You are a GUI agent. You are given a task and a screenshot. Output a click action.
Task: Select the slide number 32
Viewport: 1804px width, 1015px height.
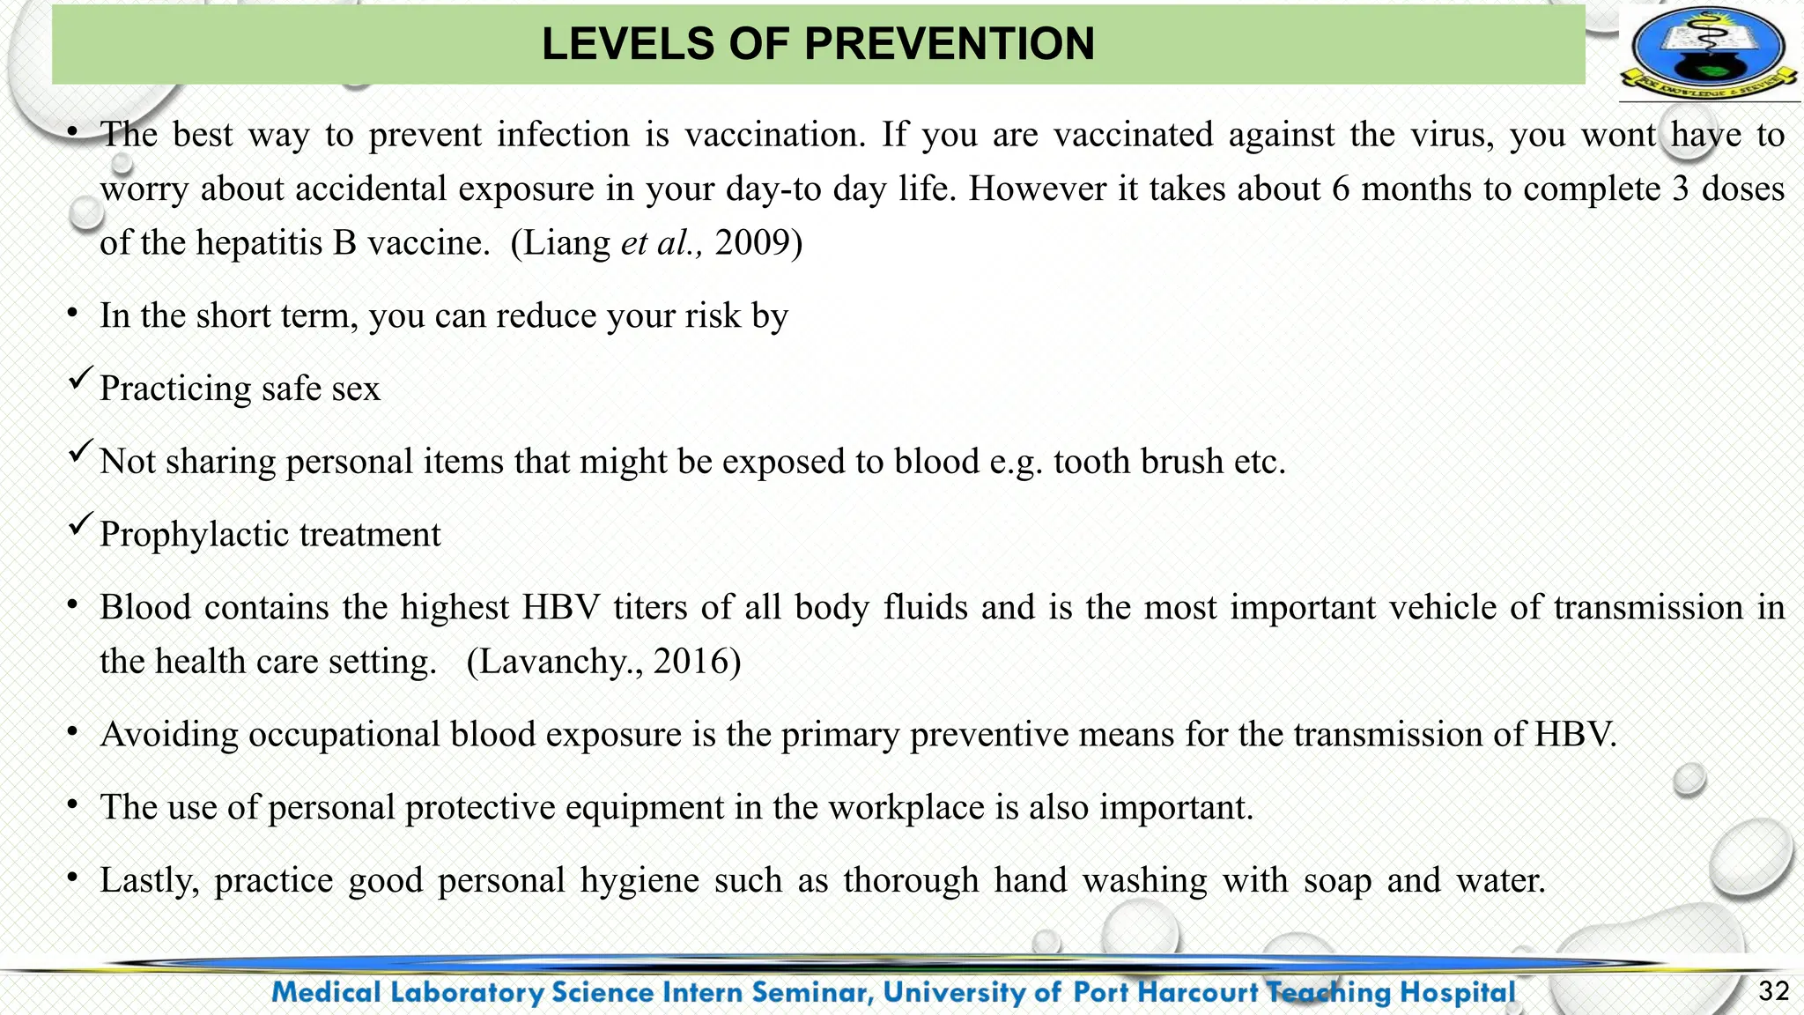(1773, 992)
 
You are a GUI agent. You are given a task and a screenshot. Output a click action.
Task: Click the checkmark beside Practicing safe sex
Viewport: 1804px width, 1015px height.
(80, 380)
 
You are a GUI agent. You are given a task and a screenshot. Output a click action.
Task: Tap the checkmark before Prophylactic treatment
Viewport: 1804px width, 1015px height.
(80, 526)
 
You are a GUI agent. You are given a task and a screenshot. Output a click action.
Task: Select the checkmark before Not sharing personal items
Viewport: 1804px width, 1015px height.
(80, 453)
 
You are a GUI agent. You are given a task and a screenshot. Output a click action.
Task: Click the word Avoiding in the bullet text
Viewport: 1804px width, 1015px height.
(168, 735)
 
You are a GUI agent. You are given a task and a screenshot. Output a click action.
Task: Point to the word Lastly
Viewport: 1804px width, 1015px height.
(149, 881)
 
